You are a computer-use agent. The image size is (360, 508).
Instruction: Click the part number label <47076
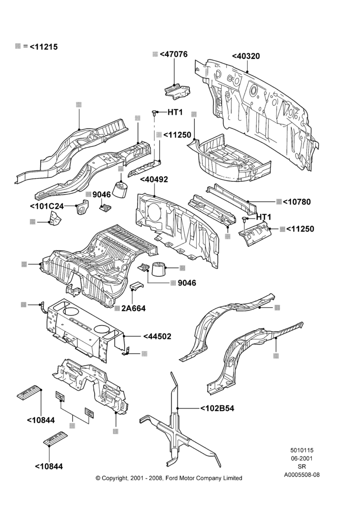pos(173,54)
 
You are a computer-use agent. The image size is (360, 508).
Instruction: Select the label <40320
pos(246,56)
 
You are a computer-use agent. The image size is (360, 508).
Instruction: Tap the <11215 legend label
pos(43,47)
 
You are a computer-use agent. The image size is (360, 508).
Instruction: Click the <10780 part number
pos(297,202)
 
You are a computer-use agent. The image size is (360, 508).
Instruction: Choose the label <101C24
pos(47,206)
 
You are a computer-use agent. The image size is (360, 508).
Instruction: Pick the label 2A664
pos(133,308)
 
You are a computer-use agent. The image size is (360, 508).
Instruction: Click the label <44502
pos(157,336)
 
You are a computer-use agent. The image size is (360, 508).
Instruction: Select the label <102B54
pos(217,408)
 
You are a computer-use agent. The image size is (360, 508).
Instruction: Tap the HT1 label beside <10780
pos(264,217)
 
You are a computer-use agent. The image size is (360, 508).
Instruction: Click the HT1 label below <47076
pos(175,112)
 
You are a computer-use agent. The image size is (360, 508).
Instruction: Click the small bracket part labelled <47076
pos(177,89)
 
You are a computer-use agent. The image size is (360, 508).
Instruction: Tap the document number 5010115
pos(302,450)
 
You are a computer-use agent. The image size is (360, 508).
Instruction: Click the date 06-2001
pos(302,458)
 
